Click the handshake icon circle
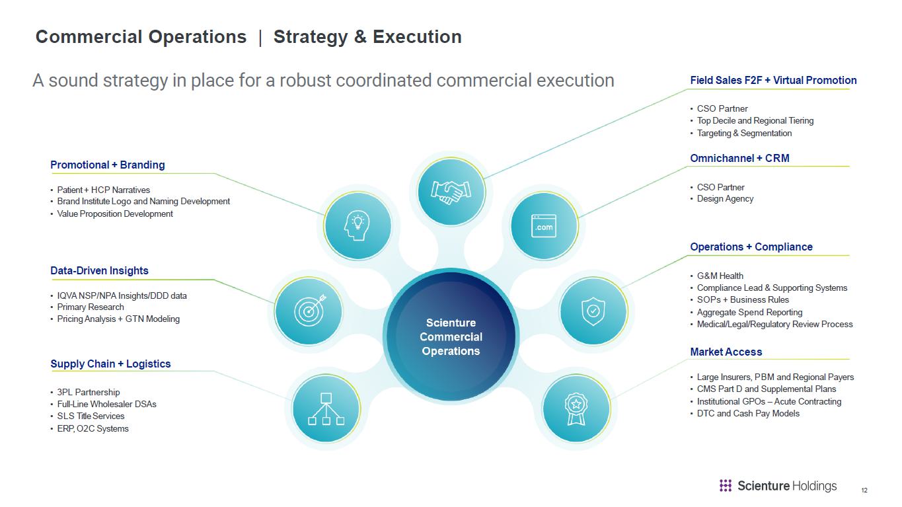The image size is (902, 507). (x=451, y=191)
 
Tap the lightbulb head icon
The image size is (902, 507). (x=357, y=226)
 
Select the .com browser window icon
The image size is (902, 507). (x=544, y=226)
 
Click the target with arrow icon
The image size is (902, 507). (x=310, y=311)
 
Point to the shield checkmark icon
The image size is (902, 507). (x=593, y=311)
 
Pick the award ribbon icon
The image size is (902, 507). (x=576, y=409)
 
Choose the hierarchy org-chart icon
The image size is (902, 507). (x=326, y=409)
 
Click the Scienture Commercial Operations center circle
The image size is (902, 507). (x=451, y=336)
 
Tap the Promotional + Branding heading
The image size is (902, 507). (x=108, y=165)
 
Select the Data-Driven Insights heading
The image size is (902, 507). (x=100, y=270)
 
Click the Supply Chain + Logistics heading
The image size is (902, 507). (x=110, y=364)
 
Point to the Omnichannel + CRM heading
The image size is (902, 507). (x=739, y=158)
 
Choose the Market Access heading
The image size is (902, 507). (x=726, y=352)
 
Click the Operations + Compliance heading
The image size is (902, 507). (x=751, y=247)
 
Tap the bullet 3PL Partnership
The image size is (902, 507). (x=89, y=392)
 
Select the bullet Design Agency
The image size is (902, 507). (x=725, y=199)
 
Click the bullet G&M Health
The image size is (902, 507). (x=720, y=276)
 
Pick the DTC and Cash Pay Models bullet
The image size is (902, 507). (x=748, y=414)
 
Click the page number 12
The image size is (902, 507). (x=864, y=490)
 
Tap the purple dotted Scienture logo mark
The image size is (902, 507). (x=725, y=486)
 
